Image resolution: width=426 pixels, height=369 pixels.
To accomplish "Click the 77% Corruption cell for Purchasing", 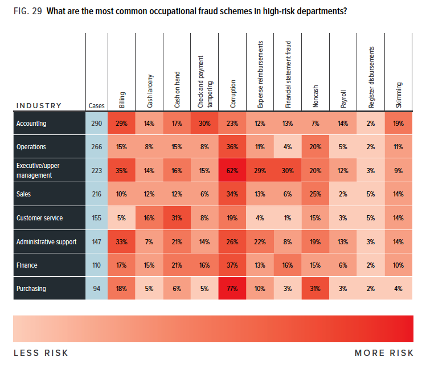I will [233, 289].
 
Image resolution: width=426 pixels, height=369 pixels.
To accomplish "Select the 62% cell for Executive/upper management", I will [233, 171].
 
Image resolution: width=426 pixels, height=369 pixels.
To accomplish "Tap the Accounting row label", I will [31, 124].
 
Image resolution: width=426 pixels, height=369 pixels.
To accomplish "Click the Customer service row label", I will [39, 218].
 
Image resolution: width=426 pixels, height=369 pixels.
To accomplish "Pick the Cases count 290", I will [96, 124].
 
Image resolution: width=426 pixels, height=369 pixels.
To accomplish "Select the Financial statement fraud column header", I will [288, 74].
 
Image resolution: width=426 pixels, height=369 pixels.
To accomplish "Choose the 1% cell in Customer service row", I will [288, 218].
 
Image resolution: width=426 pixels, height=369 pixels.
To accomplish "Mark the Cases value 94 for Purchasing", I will [96, 289].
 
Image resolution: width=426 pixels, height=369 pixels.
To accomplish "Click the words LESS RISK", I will [41, 353].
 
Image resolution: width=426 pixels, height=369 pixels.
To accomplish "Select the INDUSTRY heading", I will [39, 105].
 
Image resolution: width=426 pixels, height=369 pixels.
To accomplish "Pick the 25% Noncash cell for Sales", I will [316, 194].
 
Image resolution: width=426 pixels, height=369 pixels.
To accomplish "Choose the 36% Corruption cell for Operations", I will [233, 147].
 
